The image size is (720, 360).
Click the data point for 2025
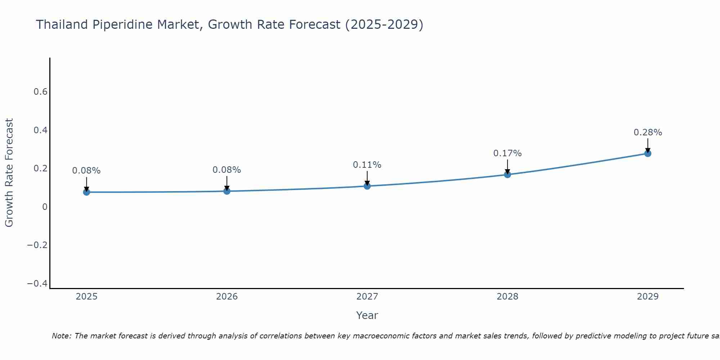pos(86,192)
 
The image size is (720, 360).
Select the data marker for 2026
pos(227,191)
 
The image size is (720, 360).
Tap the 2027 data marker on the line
pos(367,186)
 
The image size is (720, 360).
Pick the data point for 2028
pos(507,175)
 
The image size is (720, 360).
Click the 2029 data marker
pos(648,153)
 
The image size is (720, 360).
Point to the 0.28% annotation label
pos(648,132)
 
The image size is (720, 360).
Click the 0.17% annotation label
pos(507,153)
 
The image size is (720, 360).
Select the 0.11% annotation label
pos(367,165)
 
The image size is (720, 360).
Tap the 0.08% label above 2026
pos(226,170)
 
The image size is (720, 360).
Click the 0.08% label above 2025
pos(86,171)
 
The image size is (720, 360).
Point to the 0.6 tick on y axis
pos(40,92)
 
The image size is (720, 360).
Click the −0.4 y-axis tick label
pos(37,284)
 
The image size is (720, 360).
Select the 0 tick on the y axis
pos(45,207)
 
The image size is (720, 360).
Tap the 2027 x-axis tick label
pos(367,297)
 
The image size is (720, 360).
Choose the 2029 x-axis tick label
pos(648,297)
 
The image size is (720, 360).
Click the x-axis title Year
pos(367,315)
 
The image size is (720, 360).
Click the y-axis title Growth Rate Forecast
pos(9,173)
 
